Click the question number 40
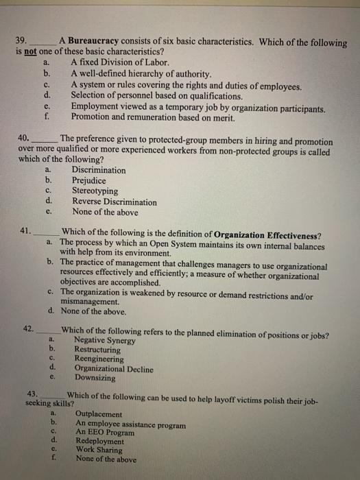click(x=24, y=138)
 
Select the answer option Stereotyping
click(x=95, y=191)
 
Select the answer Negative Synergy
click(x=104, y=341)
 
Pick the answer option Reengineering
click(x=99, y=359)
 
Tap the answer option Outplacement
click(x=99, y=415)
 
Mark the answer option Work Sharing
click(x=101, y=451)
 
